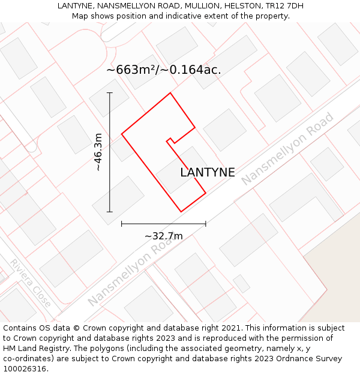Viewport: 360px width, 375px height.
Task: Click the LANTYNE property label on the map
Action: coord(208,173)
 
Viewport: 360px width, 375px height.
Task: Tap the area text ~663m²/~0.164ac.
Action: coord(164,70)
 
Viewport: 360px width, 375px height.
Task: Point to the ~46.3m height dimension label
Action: coord(99,152)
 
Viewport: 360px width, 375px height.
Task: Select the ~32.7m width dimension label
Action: coord(164,236)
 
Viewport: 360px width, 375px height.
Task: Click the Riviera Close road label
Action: coord(30,283)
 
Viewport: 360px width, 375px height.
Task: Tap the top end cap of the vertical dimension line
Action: coord(110,93)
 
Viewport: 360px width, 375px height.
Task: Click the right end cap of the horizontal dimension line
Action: coord(206,224)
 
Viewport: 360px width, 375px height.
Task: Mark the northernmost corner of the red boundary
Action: coord(170,93)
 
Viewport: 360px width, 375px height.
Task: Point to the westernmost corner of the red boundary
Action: coord(122,134)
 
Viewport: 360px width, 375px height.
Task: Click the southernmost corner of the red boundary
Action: coord(181,212)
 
